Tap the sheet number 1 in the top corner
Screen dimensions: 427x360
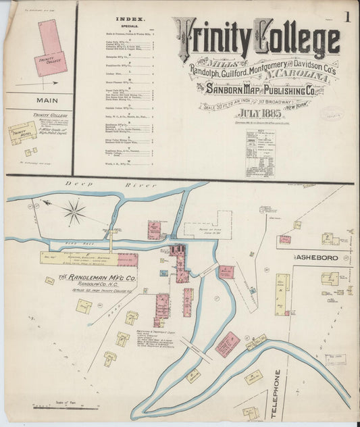coord(346,17)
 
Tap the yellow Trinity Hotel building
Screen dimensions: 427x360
coord(22,132)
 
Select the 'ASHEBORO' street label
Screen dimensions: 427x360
coord(315,257)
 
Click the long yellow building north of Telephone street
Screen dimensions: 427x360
coord(282,295)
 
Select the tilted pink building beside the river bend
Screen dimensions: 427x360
coord(227,344)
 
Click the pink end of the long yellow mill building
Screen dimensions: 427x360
coord(128,259)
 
